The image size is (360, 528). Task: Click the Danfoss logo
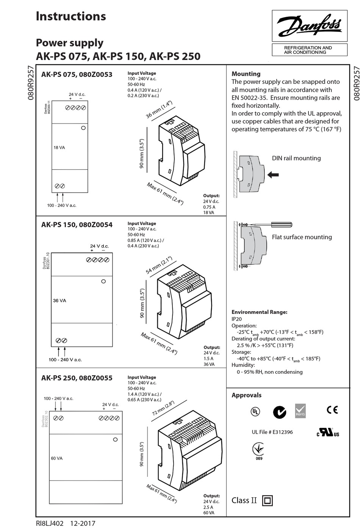coord(309,26)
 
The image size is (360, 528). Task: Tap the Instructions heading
coord(71,16)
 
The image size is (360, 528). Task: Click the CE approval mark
coord(332,410)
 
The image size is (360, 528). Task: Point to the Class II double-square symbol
coord(267,501)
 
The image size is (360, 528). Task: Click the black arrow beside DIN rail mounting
coord(273,175)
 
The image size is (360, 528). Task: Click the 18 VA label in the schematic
coord(59,147)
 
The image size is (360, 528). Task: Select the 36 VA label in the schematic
coord(59,301)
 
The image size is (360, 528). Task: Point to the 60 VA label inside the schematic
coord(57,458)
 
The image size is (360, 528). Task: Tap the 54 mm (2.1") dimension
coord(159,265)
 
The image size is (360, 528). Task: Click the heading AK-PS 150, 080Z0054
coord(77,225)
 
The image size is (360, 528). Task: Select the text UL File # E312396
coord(272,432)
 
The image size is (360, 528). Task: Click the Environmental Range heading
coord(259,312)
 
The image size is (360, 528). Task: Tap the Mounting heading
coord(246,74)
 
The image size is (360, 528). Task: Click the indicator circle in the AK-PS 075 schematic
coord(83,128)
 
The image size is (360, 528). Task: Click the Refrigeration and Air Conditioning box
coord(309,50)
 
